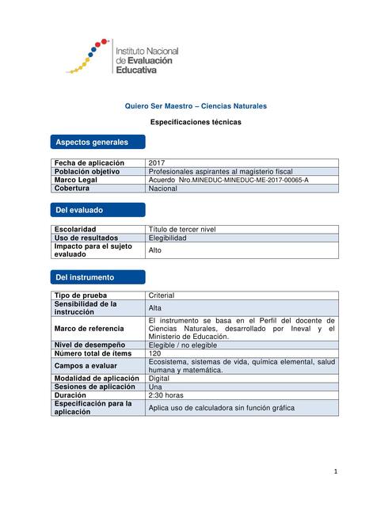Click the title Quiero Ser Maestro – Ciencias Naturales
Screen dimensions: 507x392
(x=196, y=106)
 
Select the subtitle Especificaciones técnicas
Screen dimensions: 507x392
(x=196, y=123)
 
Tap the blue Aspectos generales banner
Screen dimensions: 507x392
(x=97, y=143)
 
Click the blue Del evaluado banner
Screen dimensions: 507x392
(x=97, y=210)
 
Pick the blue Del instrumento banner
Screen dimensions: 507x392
(x=97, y=277)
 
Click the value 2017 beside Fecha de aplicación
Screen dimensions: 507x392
(x=157, y=162)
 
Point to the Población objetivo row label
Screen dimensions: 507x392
(x=86, y=171)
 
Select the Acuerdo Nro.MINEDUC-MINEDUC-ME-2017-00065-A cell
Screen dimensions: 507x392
(x=228, y=180)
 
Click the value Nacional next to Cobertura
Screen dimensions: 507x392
(x=163, y=189)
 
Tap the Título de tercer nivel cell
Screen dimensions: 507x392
(x=182, y=230)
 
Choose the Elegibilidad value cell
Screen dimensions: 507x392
(x=168, y=238)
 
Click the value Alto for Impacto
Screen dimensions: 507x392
(x=155, y=250)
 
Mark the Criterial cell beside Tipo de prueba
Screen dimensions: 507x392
(x=162, y=295)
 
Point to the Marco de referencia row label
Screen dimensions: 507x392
(x=89, y=328)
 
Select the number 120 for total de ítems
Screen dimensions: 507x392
(x=155, y=353)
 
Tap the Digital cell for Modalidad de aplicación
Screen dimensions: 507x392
(x=159, y=379)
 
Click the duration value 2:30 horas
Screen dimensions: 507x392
(x=166, y=395)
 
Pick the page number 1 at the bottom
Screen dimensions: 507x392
(x=335, y=472)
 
